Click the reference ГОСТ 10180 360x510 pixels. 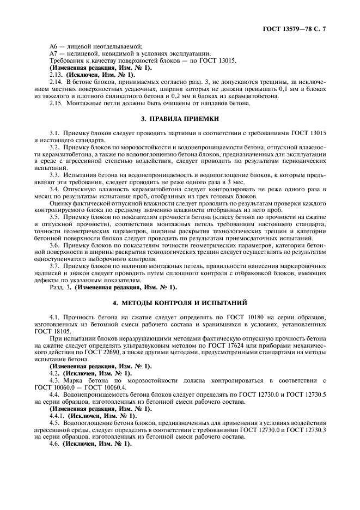[x=248, y=317]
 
